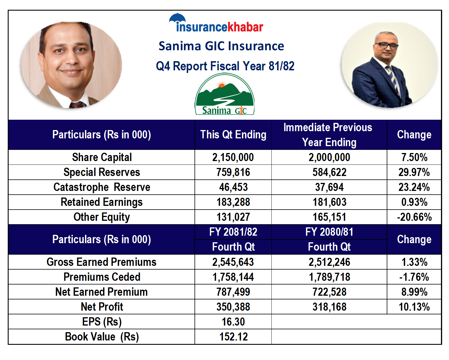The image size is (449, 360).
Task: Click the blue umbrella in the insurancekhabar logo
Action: click(x=177, y=18)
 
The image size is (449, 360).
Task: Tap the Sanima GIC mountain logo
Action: click(x=224, y=94)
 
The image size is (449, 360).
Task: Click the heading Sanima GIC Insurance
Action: click(x=221, y=46)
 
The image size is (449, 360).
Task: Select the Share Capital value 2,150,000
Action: click(x=233, y=157)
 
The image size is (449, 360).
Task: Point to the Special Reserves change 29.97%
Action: click(x=414, y=172)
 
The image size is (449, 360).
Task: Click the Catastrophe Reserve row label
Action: click(x=102, y=187)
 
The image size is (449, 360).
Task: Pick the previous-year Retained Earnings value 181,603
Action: click(x=329, y=202)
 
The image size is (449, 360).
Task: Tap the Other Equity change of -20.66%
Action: click(x=414, y=217)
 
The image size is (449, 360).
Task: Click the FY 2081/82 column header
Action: click(x=233, y=232)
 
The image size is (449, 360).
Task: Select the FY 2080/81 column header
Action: click(x=329, y=232)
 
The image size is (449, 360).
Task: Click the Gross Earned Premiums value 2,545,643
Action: click(x=233, y=262)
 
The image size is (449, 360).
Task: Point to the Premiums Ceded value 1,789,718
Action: click(x=329, y=277)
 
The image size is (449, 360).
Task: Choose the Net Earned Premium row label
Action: click(x=101, y=292)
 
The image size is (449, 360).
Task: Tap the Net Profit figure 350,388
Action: click(x=233, y=307)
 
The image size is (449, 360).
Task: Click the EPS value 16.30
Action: click(x=233, y=322)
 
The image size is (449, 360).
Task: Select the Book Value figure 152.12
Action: click(x=234, y=337)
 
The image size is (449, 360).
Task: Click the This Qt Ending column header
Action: click(x=233, y=135)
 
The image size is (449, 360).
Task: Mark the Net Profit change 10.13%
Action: click(x=414, y=307)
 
